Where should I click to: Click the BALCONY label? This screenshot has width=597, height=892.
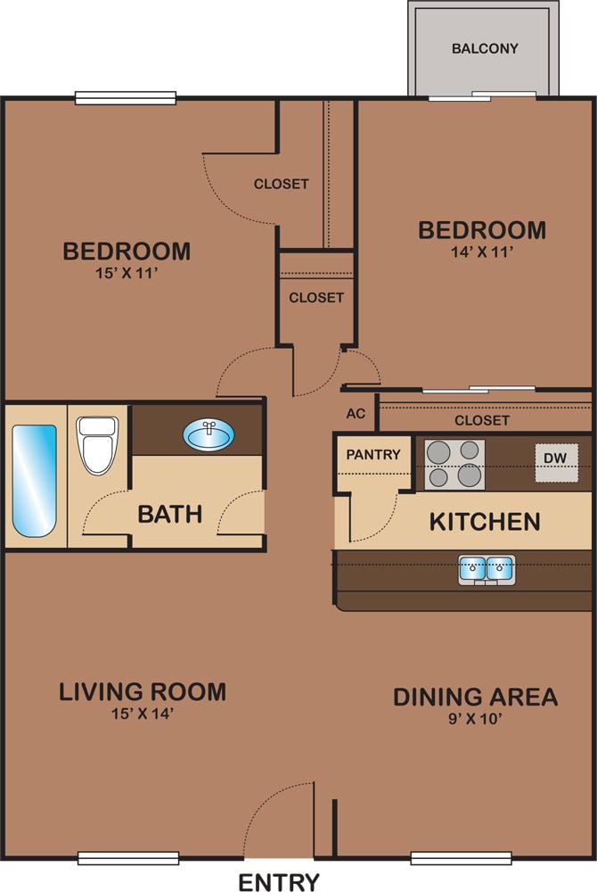pos(485,48)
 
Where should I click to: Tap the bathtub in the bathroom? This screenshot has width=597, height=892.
pos(35,481)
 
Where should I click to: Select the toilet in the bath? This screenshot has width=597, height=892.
pos(98,445)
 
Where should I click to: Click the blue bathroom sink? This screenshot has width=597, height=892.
pos(209,434)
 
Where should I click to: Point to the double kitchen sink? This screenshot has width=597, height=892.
pos(487,569)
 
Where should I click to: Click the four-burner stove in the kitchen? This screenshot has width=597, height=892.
pos(454,464)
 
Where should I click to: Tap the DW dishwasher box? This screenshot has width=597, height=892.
pos(557,462)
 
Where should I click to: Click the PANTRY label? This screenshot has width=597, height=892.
pos(373,455)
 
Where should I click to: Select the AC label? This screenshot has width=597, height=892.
pos(356,414)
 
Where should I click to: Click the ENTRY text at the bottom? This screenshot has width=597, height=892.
pos(279,882)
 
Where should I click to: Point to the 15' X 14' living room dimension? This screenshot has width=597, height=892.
pos(142,714)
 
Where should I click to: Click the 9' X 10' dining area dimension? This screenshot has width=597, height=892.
pos(476,718)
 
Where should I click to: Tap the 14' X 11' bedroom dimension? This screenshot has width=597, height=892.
pos(482,252)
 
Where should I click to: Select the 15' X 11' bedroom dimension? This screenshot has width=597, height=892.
pos(127,273)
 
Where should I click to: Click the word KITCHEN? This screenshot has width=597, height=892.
pos(485,522)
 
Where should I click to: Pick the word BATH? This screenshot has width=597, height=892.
pos(170,515)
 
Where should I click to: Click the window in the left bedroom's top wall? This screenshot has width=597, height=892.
pos(126,98)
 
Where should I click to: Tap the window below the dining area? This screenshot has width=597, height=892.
pos(462,858)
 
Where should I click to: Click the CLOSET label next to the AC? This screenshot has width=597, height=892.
pos(482,420)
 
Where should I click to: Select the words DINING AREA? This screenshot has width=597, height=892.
pos(476,697)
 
